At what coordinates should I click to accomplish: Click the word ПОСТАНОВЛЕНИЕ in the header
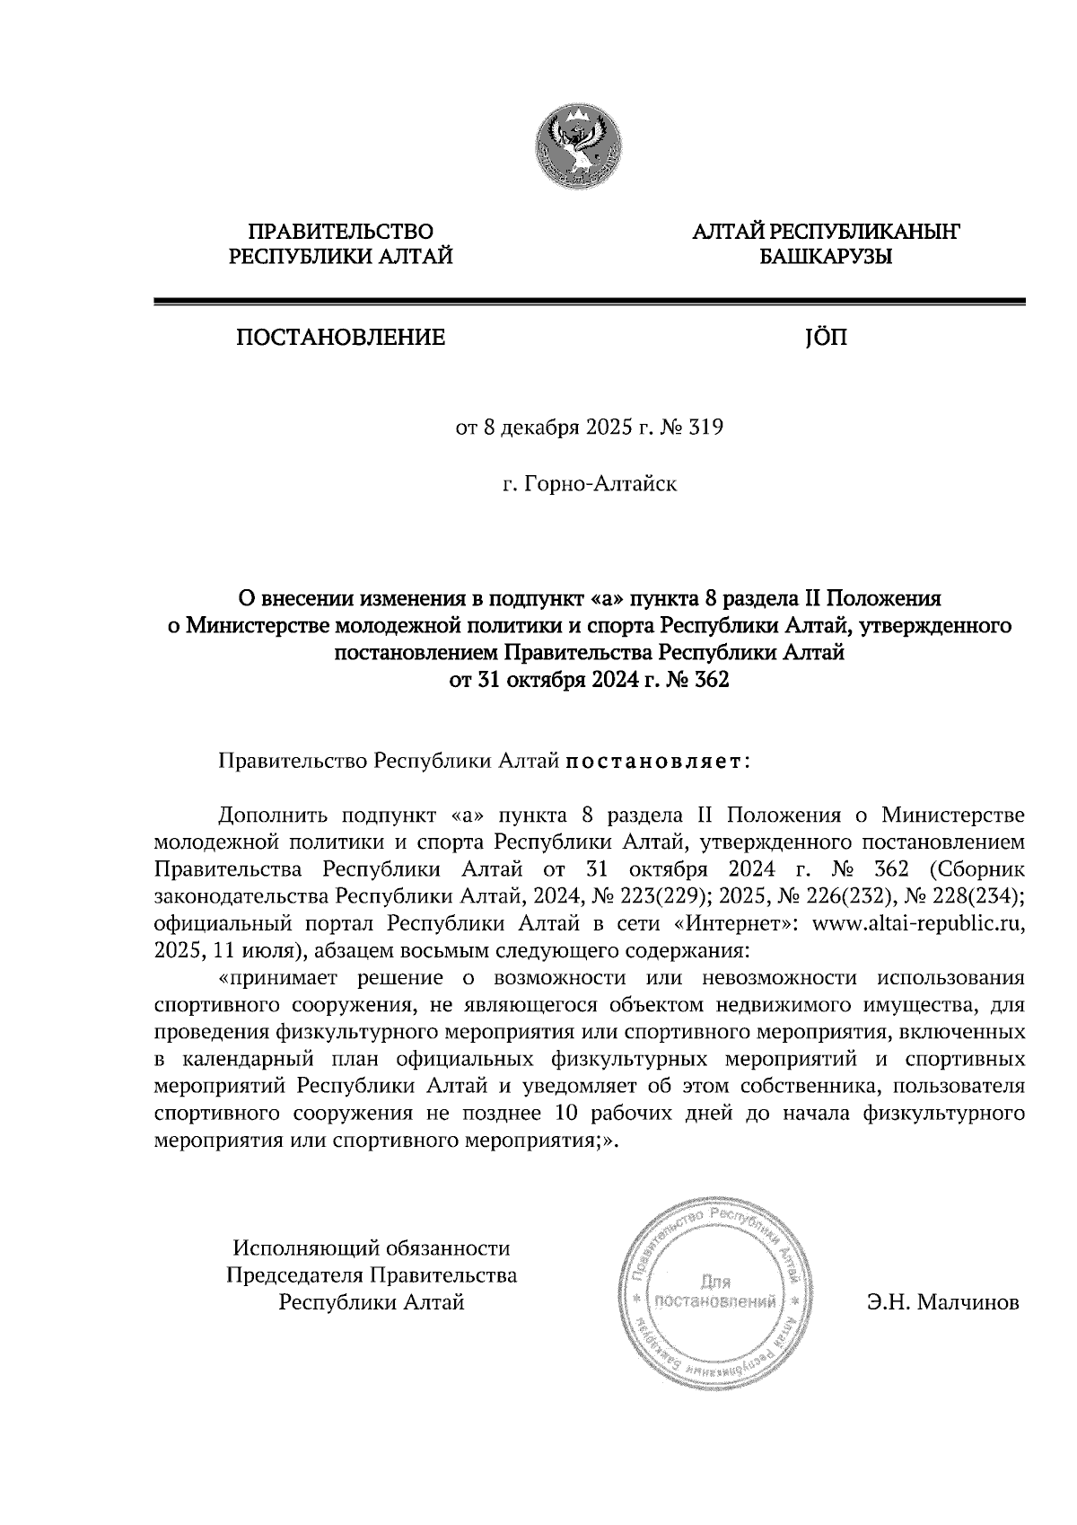(340, 339)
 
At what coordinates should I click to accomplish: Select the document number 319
(706, 428)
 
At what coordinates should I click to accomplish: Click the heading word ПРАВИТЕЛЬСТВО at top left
(341, 233)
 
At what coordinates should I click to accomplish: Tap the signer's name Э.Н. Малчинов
(942, 1301)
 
